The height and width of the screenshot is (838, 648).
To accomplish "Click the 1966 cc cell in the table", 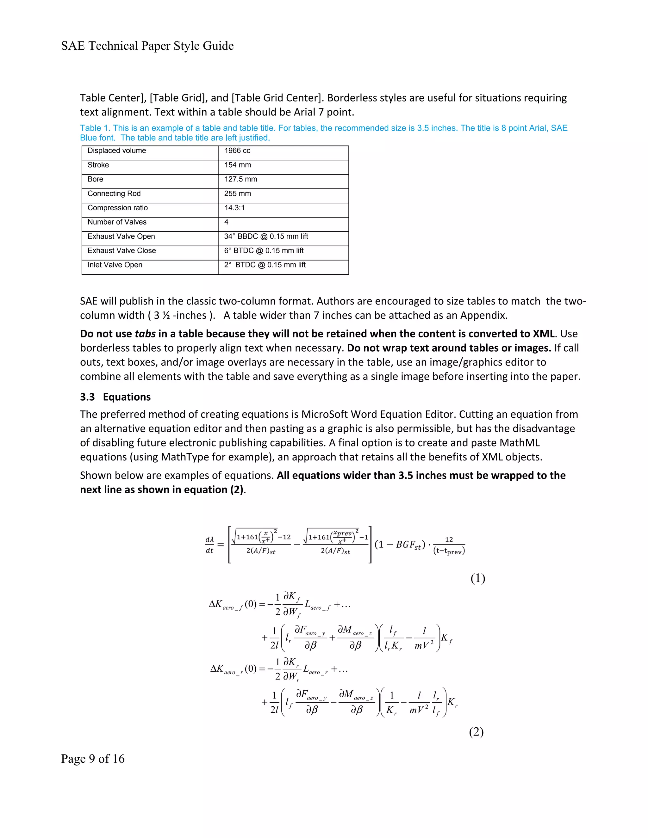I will [237, 151].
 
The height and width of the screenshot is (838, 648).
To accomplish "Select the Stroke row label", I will [98, 165].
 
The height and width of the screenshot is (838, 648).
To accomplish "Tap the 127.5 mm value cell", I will [241, 179].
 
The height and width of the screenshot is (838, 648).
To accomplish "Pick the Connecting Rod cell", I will [114, 194].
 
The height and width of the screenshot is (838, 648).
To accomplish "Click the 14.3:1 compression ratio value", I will [234, 207].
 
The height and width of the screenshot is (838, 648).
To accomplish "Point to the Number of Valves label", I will [117, 222].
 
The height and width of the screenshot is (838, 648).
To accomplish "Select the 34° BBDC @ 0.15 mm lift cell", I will [266, 236].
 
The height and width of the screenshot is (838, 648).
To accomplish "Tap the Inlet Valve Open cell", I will [115, 265].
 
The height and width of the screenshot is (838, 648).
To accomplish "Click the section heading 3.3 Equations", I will [115, 397].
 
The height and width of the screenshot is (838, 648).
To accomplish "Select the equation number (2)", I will [476, 732].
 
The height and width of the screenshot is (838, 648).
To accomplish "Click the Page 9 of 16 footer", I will [92, 759].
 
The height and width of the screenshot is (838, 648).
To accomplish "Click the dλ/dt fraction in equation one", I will [209, 545].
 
